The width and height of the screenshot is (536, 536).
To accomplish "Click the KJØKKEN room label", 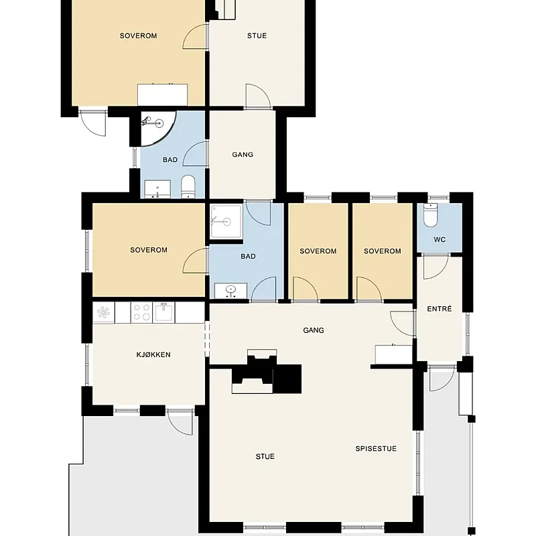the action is [153, 354].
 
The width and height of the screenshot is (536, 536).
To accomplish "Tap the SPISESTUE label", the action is [376, 448].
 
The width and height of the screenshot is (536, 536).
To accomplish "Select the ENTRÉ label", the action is [440, 309].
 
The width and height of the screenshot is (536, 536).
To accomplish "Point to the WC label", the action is [440, 240].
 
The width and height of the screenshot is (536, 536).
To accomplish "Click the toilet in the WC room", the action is [430, 215].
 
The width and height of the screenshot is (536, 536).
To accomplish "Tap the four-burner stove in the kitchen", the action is [141, 312].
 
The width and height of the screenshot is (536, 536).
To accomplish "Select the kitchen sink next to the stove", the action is [163, 312].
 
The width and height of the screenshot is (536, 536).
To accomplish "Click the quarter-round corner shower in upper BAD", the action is [157, 128].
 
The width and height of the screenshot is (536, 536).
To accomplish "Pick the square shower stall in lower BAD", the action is [226, 222].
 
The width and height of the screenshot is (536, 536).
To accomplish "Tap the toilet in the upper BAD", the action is [188, 187].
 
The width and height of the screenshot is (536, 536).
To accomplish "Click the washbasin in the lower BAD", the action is [230, 291].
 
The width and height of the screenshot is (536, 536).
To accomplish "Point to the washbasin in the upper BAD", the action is [157, 189].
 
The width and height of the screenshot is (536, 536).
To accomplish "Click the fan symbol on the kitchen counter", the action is [103, 312].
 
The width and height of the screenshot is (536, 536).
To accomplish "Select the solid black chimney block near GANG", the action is [287, 379].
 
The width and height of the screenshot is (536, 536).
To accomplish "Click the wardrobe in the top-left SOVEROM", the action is [162, 94].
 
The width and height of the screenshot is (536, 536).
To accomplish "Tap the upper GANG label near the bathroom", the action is [243, 155].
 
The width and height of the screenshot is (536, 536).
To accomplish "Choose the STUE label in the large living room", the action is [265, 456].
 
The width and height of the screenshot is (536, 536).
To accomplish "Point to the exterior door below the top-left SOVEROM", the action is [92, 123].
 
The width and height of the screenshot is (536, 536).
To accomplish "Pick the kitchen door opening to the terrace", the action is [180, 422].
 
